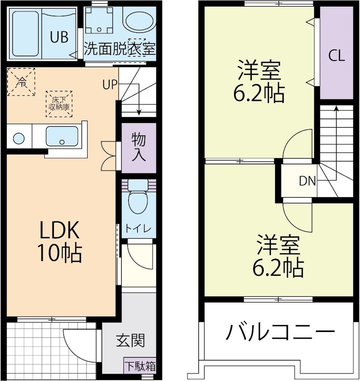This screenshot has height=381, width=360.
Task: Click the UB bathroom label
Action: [x=60, y=37]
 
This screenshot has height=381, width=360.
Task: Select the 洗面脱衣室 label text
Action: [x=120, y=49]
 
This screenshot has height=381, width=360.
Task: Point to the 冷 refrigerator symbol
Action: [x=21, y=81]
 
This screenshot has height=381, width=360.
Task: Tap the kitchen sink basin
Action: [x=62, y=137]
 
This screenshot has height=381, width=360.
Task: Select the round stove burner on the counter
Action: [x=19, y=139]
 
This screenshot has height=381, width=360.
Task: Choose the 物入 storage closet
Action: [x=139, y=148]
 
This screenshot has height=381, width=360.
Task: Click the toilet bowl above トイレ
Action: [x=138, y=200]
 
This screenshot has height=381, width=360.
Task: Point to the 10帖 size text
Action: [x=60, y=253]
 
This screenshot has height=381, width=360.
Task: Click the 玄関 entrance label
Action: [x=130, y=341]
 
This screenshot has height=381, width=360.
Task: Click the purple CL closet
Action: [x=336, y=56]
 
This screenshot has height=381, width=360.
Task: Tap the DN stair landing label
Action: [x=307, y=180]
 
